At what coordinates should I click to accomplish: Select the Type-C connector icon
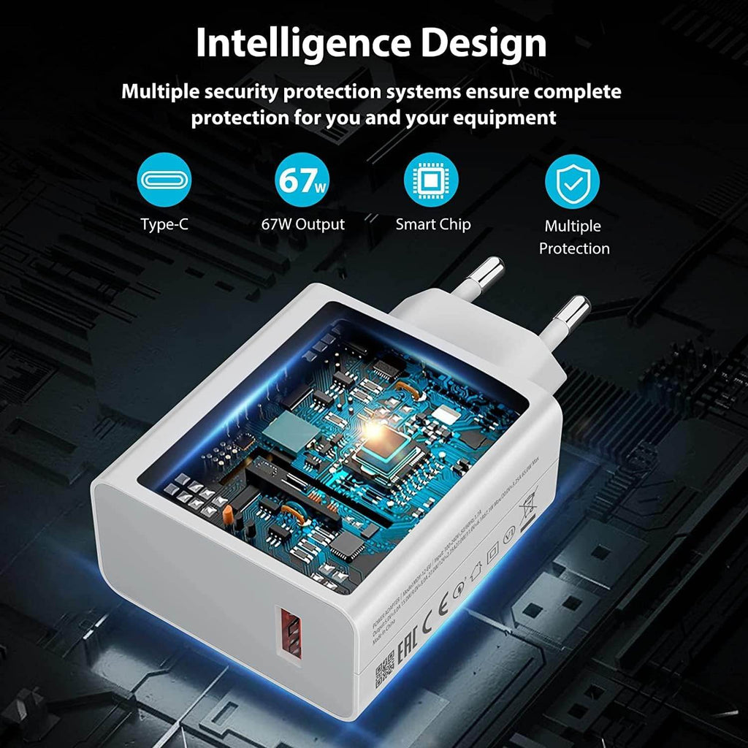[x=164, y=180]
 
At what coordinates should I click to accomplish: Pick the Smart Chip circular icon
[x=431, y=180]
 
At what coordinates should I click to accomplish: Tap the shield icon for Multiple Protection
[x=572, y=183]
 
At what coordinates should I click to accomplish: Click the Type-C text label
[x=164, y=224]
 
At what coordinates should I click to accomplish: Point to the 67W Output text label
[x=302, y=224]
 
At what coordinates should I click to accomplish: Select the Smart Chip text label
[x=433, y=224]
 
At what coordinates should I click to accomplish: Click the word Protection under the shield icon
[x=574, y=248]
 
